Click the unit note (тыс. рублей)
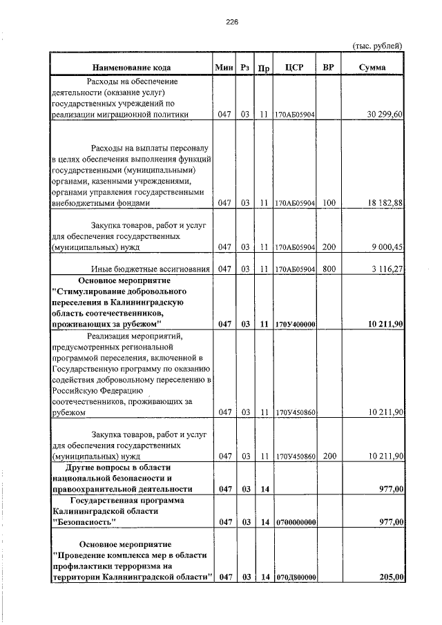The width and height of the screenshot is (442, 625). click(x=377, y=46)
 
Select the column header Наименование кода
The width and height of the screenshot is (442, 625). click(x=132, y=68)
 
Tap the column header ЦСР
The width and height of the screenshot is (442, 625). click(x=294, y=68)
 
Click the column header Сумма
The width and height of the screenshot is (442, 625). click(x=372, y=68)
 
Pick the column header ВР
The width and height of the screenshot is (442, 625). click(x=329, y=68)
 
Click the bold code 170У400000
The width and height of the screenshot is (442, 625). click(x=295, y=324)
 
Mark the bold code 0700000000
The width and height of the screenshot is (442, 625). click(x=295, y=522)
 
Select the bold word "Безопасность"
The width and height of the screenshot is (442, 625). click(x=84, y=522)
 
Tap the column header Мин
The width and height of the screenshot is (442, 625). click(x=224, y=68)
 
